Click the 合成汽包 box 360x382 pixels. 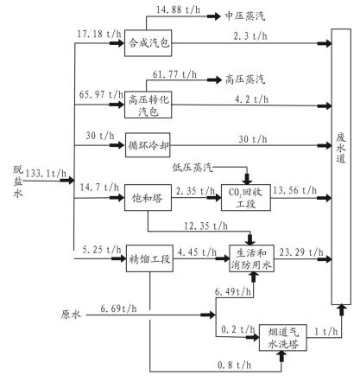[148, 43]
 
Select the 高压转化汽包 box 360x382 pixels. [148, 105]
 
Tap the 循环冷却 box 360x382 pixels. [148, 145]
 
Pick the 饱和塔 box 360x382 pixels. [148, 198]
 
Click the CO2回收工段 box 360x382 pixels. [246, 198]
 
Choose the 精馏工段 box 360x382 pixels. [149, 258]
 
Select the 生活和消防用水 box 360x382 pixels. [251, 258]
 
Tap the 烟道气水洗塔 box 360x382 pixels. [283, 338]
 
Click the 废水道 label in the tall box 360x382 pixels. [341, 148]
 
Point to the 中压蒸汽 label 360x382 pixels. [245, 16]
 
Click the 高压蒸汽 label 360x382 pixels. [245, 80]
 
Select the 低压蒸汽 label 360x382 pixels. [193, 167]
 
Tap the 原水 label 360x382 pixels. [71, 315]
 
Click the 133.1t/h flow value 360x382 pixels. [46, 174]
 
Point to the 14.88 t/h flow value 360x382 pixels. [178, 10]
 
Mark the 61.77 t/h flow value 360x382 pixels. [174, 74]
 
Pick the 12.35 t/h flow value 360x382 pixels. [205, 226]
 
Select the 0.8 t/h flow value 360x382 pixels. [234, 366]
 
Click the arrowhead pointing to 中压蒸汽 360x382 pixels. [214, 16]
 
